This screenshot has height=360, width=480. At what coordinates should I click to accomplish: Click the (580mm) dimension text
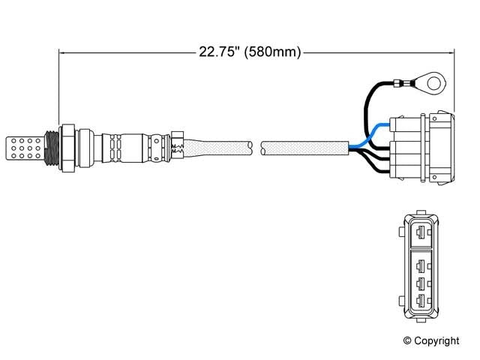[274, 52]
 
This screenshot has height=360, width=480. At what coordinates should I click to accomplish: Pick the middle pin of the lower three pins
[422, 283]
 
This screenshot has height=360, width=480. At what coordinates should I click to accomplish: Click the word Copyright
[437, 341]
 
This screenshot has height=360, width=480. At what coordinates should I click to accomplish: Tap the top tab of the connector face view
[422, 214]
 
